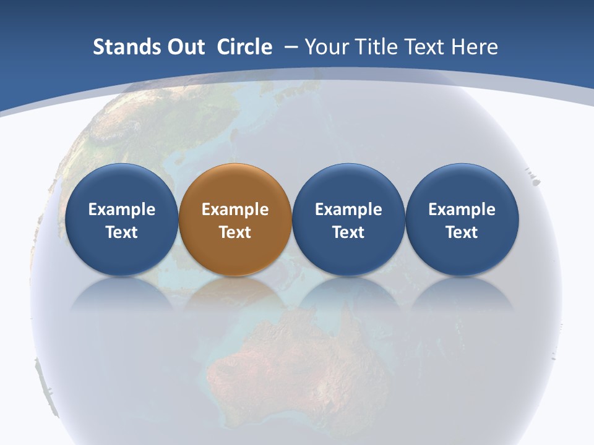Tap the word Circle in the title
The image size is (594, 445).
click(244, 47)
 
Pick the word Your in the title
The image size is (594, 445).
click(325, 47)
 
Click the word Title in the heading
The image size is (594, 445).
click(377, 47)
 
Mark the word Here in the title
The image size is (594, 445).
click(476, 47)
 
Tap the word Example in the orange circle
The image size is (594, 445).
click(235, 210)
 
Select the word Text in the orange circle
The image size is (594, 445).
click(235, 232)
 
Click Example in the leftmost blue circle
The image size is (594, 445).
click(122, 210)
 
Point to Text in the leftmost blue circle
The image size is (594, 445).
click(122, 232)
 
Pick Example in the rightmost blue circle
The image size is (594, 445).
click(462, 210)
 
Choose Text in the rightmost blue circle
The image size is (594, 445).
click(462, 232)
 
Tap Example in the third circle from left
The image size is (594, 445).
click(348, 210)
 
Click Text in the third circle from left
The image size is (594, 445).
click(348, 232)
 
